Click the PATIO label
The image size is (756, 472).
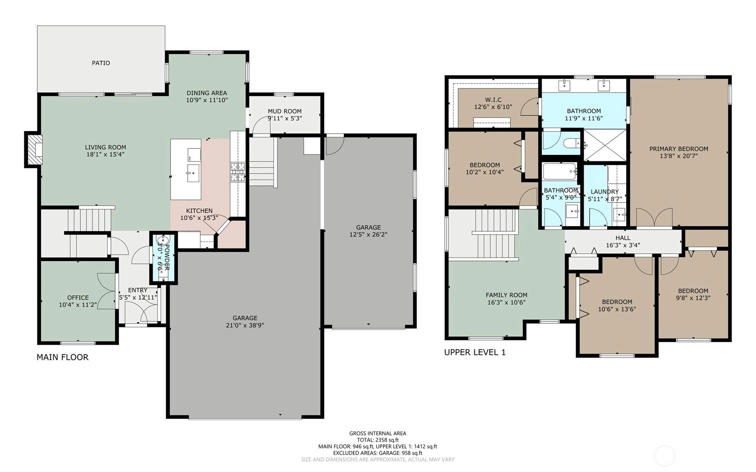click(x=101, y=63)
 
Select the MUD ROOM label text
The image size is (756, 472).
click(x=285, y=111)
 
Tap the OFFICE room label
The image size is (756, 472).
click(x=78, y=298)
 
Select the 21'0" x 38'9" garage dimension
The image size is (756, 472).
click(x=245, y=325)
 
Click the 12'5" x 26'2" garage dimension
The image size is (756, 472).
click(x=368, y=235)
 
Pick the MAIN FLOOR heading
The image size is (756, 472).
click(x=63, y=357)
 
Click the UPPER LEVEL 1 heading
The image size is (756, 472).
click(x=475, y=352)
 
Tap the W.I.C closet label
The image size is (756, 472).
click(x=493, y=100)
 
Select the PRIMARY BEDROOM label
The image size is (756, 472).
click(x=679, y=149)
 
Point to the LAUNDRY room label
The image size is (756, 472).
click(x=605, y=192)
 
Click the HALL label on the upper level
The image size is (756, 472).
click(x=623, y=238)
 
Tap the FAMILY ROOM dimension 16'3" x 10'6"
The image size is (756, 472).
click(x=506, y=302)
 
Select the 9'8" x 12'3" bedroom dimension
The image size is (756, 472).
click(x=693, y=298)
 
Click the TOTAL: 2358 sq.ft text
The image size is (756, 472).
click(x=378, y=440)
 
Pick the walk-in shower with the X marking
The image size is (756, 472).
click(x=605, y=145)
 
